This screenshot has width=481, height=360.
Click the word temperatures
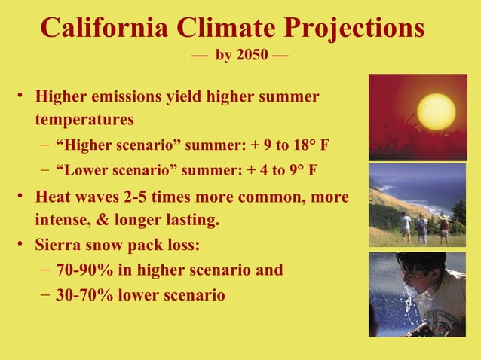[x=84, y=119]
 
